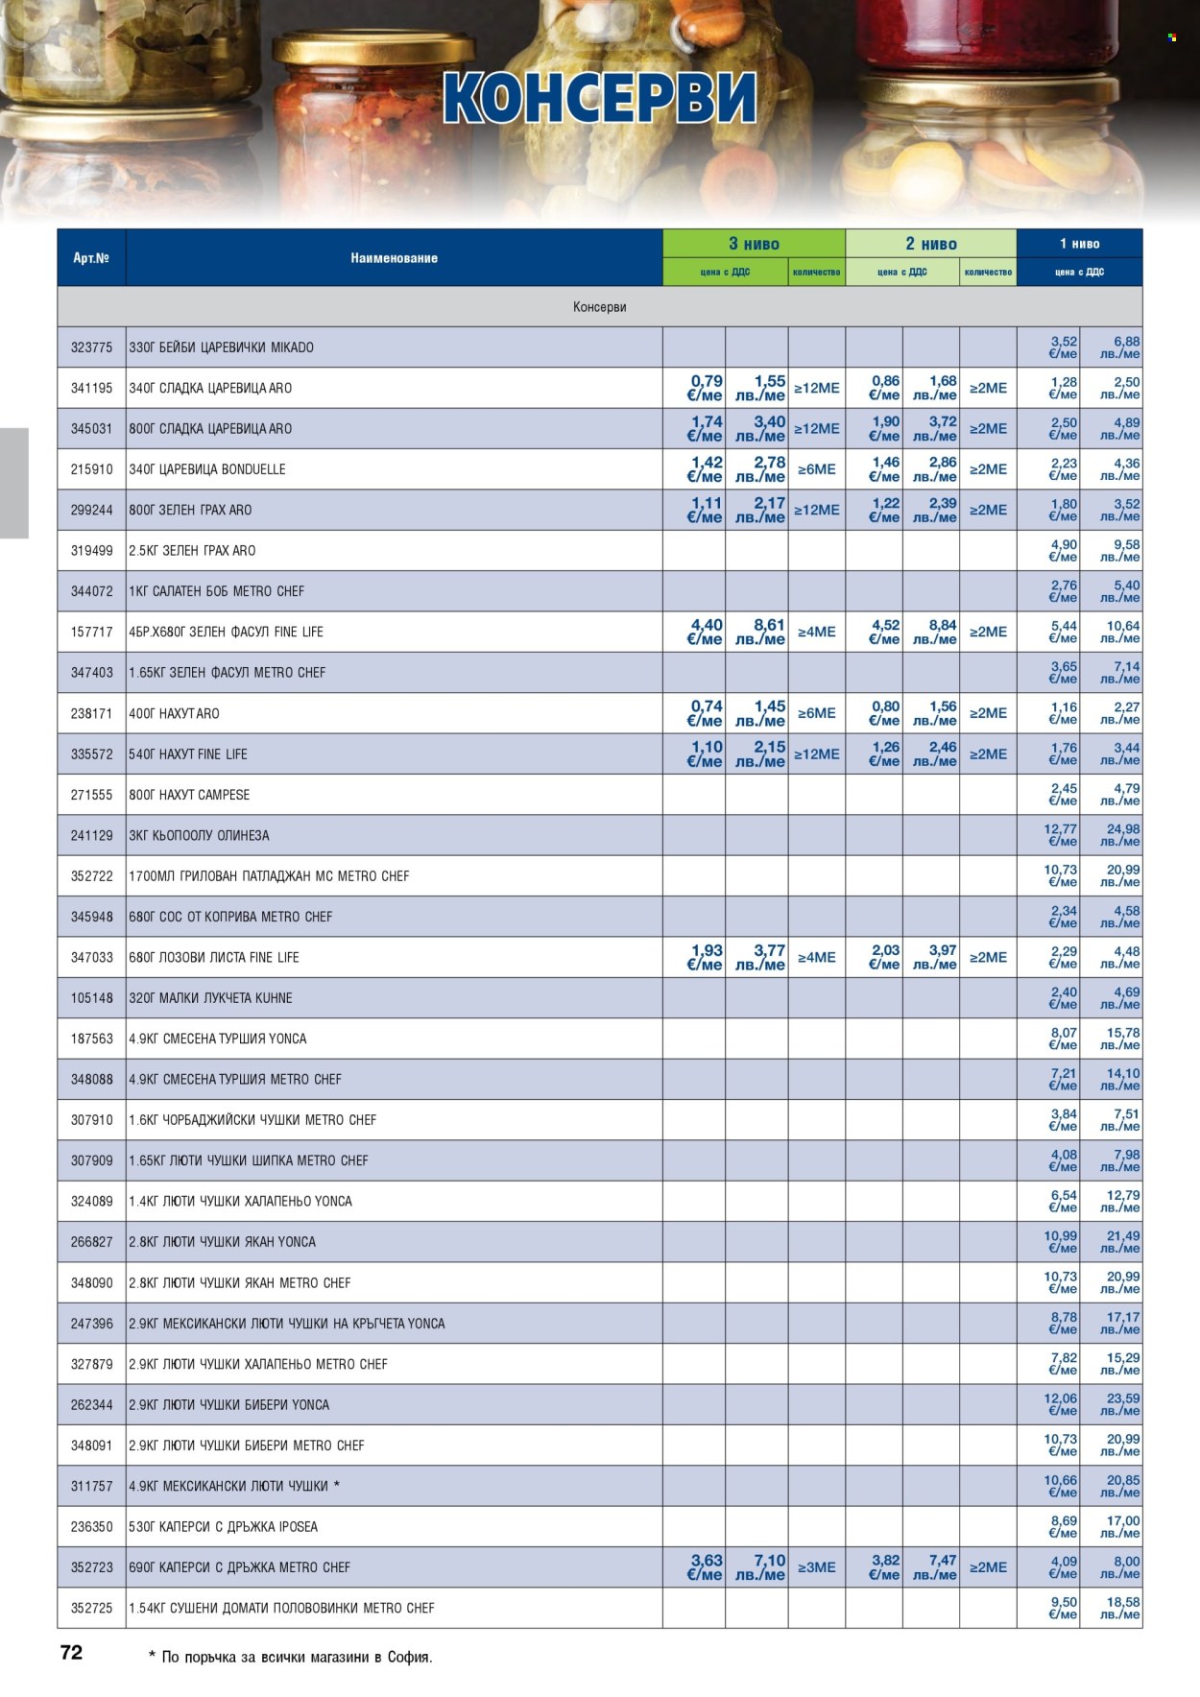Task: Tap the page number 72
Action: click(x=72, y=1652)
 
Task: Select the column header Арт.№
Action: click(x=91, y=257)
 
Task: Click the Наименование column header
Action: click(x=394, y=257)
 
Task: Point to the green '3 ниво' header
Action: click(x=754, y=244)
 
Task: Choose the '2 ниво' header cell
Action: click(x=930, y=244)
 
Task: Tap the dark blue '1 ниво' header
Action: click(x=1079, y=244)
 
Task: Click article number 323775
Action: click(x=92, y=347)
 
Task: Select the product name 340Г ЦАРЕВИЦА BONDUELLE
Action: click(x=207, y=469)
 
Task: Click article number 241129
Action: click(x=92, y=835)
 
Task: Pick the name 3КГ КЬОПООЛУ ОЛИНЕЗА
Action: click(x=199, y=835)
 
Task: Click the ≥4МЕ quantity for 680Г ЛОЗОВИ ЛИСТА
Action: click(x=816, y=957)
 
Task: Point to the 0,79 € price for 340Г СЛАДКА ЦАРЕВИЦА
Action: click(x=706, y=388)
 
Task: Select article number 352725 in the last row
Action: click(x=92, y=1607)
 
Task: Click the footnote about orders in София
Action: click(x=291, y=1657)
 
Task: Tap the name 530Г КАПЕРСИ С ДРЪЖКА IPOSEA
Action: click(x=223, y=1526)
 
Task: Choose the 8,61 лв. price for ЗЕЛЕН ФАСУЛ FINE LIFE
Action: click(x=760, y=632)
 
